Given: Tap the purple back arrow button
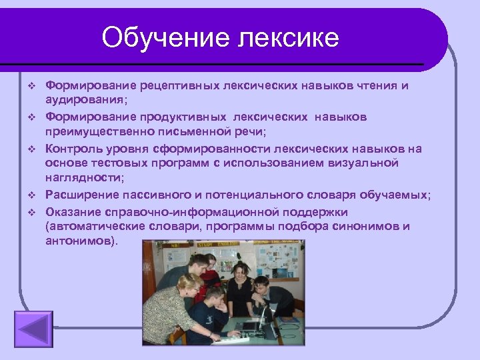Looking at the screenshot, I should tap(33, 330).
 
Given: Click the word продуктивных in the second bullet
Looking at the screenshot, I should tap(183, 117).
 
